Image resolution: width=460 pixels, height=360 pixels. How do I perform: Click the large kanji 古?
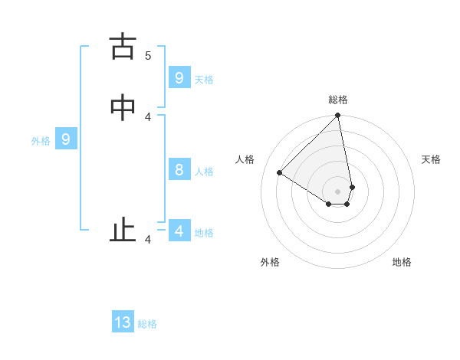(123, 47)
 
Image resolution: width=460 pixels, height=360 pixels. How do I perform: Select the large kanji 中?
(123, 108)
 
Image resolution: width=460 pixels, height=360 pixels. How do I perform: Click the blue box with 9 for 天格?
(179, 77)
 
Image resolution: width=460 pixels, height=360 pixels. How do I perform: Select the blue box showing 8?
(179, 169)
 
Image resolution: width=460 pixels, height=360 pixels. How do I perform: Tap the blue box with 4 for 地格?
(179, 231)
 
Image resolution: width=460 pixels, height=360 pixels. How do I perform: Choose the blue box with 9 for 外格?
(66, 139)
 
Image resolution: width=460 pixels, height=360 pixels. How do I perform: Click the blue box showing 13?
(123, 322)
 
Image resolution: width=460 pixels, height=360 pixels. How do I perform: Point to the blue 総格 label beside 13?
(147, 324)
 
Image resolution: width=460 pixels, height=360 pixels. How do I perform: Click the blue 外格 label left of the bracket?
(41, 141)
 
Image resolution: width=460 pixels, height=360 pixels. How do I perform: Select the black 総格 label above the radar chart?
(338, 100)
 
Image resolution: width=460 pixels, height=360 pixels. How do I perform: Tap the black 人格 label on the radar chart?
(245, 159)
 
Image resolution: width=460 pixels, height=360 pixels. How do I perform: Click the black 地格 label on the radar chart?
(402, 262)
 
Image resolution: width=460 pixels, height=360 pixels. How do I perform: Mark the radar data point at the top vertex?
(338, 116)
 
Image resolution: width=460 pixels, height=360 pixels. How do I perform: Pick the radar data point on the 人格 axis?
(280, 173)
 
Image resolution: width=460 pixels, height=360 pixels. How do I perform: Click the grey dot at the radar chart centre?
(338, 191)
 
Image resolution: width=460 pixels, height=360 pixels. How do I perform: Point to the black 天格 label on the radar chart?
(431, 159)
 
